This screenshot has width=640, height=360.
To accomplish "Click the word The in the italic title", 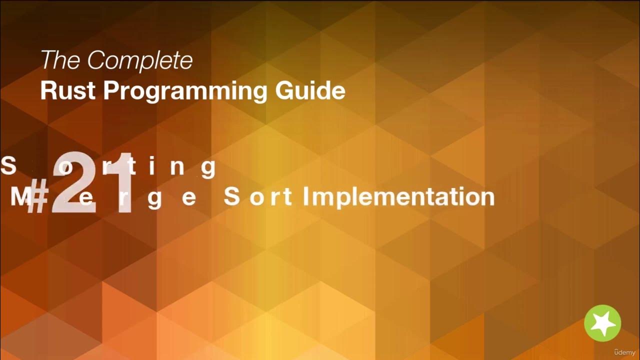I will click(60, 61).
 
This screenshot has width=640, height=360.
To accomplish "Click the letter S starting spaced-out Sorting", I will click(8, 166).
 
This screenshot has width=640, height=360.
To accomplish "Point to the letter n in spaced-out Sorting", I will click(177, 167).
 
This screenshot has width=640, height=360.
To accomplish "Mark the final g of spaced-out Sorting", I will click(208, 169).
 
